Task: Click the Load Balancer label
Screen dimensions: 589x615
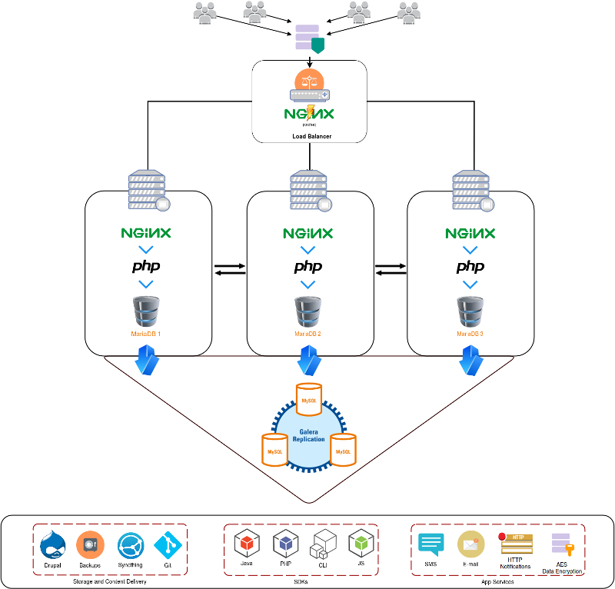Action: pos(310,137)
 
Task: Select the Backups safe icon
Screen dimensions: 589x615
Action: pos(90,544)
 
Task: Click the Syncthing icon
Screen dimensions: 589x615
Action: pos(130,545)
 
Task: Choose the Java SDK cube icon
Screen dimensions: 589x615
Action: pos(246,544)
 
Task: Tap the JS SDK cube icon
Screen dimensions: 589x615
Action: pos(361,544)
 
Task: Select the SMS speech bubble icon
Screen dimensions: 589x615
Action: pos(431,544)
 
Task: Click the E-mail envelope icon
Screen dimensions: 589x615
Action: pos(470,544)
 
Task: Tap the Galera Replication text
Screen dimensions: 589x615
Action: pos(309,435)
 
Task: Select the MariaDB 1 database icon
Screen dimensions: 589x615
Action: pos(145,311)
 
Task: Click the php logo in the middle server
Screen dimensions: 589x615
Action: pos(307,267)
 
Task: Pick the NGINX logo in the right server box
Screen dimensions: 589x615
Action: pos(470,232)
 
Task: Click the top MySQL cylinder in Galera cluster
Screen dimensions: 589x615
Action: pos(308,400)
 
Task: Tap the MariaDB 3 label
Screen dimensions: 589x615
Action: pos(470,334)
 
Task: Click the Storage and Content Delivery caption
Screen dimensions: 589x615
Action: pos(110,581)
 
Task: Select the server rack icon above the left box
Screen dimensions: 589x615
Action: pos(147,189)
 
